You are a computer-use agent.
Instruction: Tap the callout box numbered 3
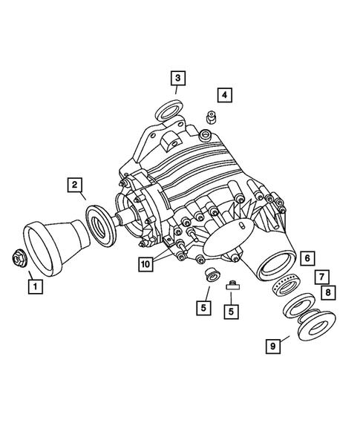[177, 77]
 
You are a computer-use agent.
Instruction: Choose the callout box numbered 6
[308, 259]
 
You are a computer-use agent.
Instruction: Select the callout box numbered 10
[145, 263]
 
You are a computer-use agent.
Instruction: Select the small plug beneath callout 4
[210, 116]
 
